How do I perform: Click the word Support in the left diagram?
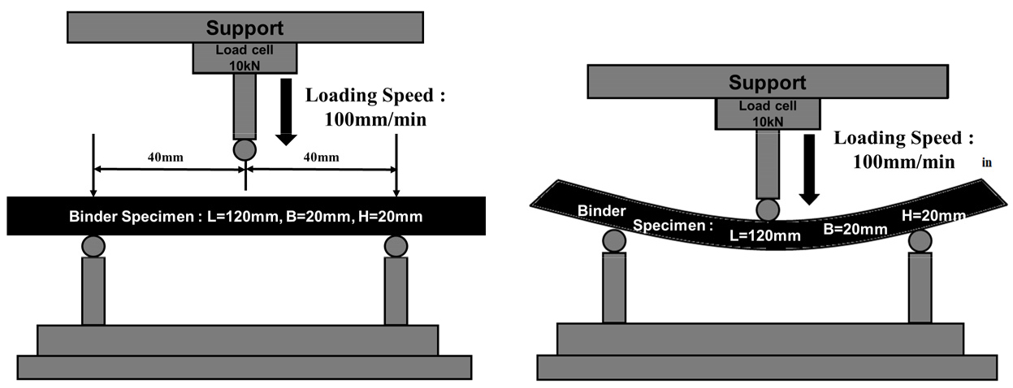coord(245,28)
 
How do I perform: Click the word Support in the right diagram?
coord(767,83)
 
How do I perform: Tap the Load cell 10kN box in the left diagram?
coord(245,58)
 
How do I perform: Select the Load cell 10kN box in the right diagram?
coord(768,114)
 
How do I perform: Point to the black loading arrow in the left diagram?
coord(286,112)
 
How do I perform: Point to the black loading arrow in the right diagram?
coord(809,170)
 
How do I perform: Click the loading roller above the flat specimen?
coord(245,150)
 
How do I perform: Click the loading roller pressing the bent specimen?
coord(768,210)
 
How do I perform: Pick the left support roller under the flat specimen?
coord(93,246)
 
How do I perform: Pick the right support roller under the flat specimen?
coord(396,246)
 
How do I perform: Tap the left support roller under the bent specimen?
coord(614,241)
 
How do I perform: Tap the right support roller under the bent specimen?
coord(920,241)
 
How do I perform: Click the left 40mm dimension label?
coord(166,157)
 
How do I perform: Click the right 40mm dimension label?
coord(321,157)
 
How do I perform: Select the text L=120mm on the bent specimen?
coord(764,235)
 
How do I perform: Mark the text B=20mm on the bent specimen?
coord(855,229)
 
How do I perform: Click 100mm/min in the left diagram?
coord(375,119)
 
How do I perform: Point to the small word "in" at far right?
coord(987,162)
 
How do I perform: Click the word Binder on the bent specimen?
coord(601,211)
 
